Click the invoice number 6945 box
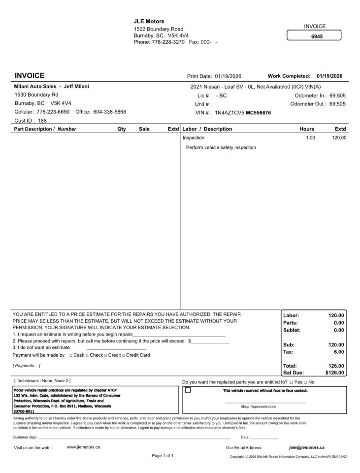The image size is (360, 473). pyautogui.click(x=314, y=36)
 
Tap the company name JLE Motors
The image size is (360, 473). pyautogui.click(x=149, y=22)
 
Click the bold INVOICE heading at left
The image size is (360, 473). pyautogui.click(x=30, y=76)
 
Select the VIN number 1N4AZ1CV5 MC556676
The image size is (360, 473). pyautogui.click(x=243, y=112)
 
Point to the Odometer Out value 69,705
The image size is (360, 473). pyautogui.click(x=337, y=104)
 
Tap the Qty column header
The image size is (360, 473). pyautogui.click(x=121, y=129)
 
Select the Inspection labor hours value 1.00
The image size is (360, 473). pyautogui.click(x=310, y=138)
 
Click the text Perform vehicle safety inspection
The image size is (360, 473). pyautogui.click(x=221, y=147)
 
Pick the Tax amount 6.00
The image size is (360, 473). pyautogui.click(x=339, y=352)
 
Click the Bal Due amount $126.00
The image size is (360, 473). pyautogui.click(x=334, y=373)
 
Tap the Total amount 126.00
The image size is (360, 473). pyautogui.click(x=336, y=366)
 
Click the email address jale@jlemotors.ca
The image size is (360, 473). pyautogui.click(x=306, y=447)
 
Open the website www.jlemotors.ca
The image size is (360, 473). pyautogui.click(x=83, y=447)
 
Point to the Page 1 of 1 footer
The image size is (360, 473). pyautogui.click(x=163, y=456)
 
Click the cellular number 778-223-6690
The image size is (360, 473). pyautogui.click(x=53, y=112)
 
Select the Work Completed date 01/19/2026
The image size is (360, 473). pyautogui.click(x=330, y=76)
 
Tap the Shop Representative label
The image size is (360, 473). pyautogui.click(x=258, y=406)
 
